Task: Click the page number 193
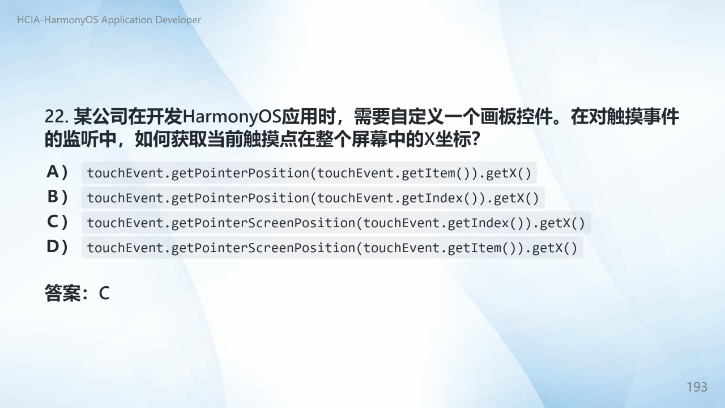[697, 387]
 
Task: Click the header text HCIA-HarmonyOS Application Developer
[109, 20]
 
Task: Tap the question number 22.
[56, 117]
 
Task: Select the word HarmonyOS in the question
[232, 117]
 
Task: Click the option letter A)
[57, 172]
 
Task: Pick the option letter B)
[57, 197]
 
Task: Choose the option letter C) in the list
[57, 222]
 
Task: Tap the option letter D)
[57, 246]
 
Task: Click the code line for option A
[309, 173]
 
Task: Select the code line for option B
[313, 198]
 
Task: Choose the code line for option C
[336, 223]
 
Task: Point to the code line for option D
[332, 248]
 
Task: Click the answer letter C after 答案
[104, 294]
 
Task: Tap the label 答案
[62, 294]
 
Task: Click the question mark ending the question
[475, 139]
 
